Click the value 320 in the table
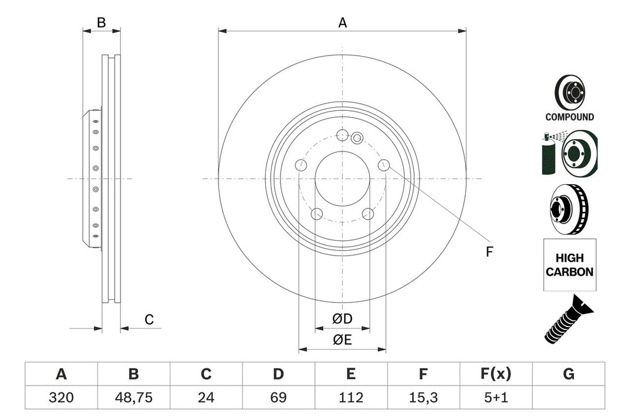[61, 398]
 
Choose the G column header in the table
[568, 374]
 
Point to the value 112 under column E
[350, 398]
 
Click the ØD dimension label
[342, 319]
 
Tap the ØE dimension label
[342, 340]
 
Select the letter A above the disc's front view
[343, 23]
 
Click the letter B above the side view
[102, 23]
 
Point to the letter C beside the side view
[149, 320]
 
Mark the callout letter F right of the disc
[490, 251]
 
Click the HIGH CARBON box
[569, 265]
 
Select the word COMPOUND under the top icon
[569, 117]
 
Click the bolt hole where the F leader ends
[384, 164]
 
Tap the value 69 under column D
[278, 398]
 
